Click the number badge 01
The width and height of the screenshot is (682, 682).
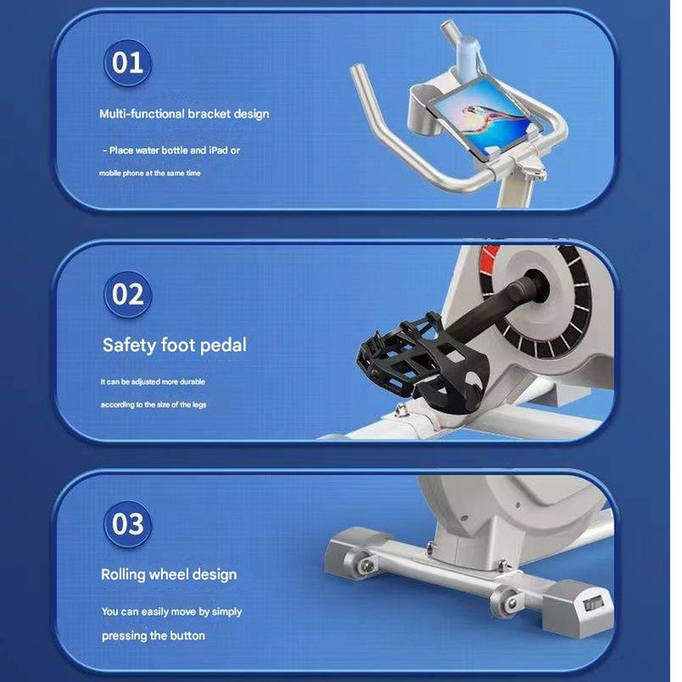tap(127, 63)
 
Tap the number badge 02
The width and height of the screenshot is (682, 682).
tap(127, 294)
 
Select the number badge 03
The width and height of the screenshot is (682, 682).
tap(127, 524)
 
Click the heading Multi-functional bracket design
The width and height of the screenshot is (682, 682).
tap(184, 114)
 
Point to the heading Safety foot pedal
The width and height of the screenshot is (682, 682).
tap(175, 346)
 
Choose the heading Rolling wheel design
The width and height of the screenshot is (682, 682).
tap(169, 575)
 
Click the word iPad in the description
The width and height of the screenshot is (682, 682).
tap(218, 150)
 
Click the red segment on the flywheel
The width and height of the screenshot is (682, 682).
tap(490, 256)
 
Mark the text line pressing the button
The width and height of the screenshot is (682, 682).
tap(153, 636)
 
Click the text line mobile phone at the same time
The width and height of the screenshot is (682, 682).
tap(150, 173)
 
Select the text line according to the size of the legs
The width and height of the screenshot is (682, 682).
tap(154, 405)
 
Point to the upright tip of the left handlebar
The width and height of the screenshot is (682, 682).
tap(358, 70)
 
